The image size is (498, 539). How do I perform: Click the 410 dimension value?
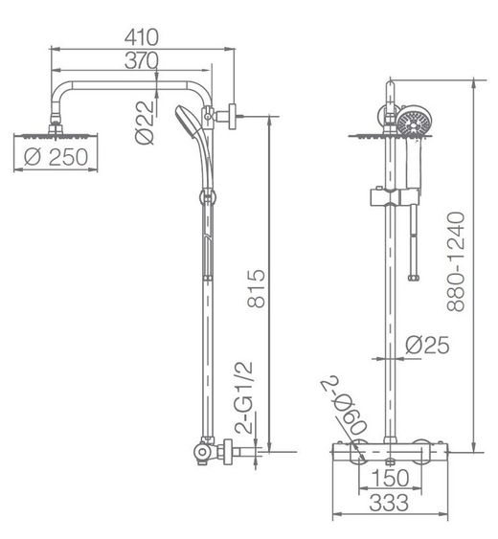[142, 37]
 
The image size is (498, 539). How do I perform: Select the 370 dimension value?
[142, 60]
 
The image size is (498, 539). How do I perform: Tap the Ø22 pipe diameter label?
[145, 123]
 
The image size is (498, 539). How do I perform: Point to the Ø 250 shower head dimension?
[57, 157]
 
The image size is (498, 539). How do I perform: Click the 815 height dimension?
[257, 288]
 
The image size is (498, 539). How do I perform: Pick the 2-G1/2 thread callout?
[243, 397]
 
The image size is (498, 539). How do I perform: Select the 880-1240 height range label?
[456, 261]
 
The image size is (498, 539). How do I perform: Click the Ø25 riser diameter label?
[427, 345]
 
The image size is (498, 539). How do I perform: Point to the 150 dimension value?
[390, 478]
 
